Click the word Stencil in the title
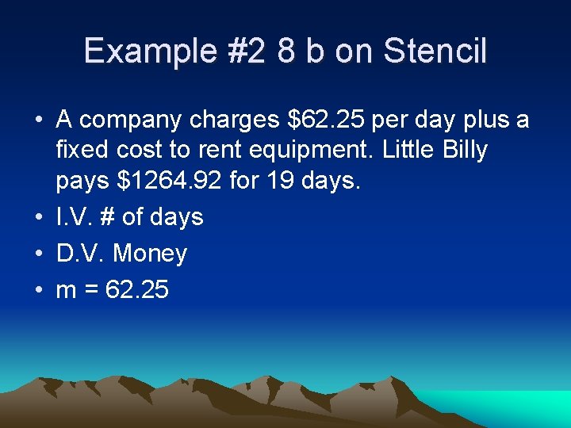(435, 52)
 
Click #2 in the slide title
(246, 52)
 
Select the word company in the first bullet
(130, 121)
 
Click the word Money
(151, 254)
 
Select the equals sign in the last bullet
(91, 291)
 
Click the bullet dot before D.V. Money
(37, 254)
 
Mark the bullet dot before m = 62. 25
(37, 291)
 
